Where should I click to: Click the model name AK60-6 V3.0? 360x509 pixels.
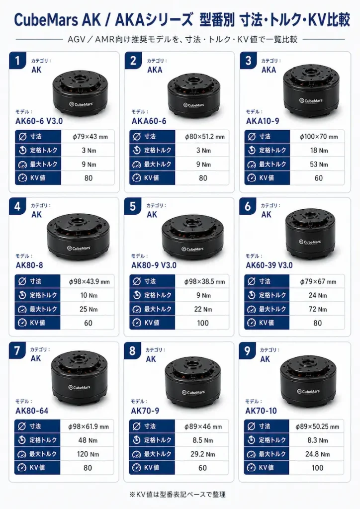click(39, 121)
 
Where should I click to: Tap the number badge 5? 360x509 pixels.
click(132, 206)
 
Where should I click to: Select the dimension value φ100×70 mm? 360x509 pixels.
click(318, 137)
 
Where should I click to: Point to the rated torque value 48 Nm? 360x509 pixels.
click(88, 440)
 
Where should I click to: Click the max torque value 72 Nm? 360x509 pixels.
click(317, 309)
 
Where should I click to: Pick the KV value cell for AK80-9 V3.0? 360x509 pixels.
click(202, 323)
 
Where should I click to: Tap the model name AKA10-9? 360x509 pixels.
click(262, 121)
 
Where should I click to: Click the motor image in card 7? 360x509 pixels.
click(80, 378)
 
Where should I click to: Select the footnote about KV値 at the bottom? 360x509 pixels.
click(177, 495)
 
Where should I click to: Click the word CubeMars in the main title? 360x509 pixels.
click(46, 20)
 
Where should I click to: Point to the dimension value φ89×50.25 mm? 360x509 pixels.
click(317, 426)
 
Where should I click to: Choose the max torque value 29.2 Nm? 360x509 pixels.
click(202, 454)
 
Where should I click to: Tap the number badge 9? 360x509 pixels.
click(247, 351)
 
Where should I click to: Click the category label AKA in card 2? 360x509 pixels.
click(155, 70)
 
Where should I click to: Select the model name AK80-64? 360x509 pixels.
click(32, 411)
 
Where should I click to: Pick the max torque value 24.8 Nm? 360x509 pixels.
click(317, 454)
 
